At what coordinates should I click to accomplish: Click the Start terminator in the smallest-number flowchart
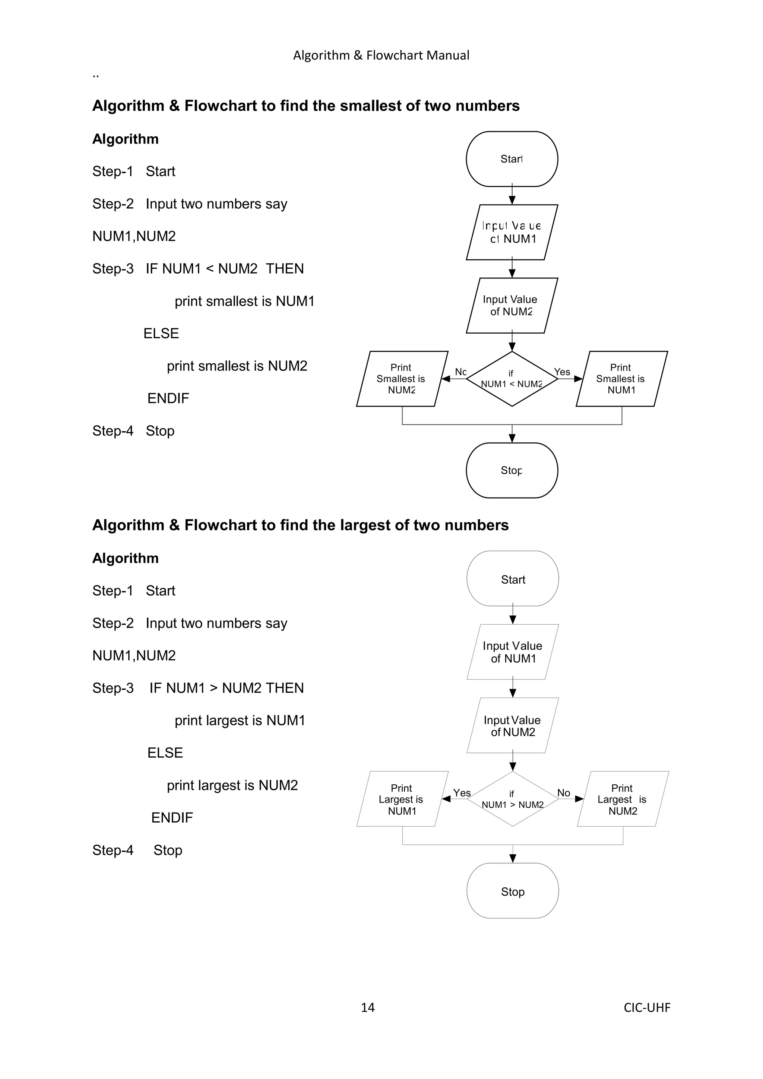coord(512,159)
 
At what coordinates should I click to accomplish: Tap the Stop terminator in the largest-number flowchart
coord(513,892)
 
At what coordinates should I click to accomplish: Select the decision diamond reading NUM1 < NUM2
coord(512,379)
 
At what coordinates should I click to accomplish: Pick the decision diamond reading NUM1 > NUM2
coord(513,799)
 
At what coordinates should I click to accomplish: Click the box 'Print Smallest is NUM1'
coord(621,379)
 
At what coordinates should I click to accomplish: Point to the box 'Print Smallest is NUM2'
coord(402,379)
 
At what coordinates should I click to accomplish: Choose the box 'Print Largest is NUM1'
coord(402,799)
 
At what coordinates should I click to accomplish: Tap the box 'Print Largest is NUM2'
coord(623,799)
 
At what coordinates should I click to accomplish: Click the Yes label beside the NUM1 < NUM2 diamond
coord(562,372)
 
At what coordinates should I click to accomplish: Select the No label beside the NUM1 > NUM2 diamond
coord(563,793)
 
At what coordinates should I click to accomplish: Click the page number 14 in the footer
coord(367,1007)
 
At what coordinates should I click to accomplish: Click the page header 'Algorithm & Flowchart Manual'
coord(381,56)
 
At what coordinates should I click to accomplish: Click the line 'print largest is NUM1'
coord(240,720)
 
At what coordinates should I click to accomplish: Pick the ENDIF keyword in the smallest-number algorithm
coord(168,398)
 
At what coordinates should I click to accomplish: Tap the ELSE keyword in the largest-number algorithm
coord(165,753)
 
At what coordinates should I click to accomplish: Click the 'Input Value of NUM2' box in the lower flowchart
coord(513,726)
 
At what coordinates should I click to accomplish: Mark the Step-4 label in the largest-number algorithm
coord(113,850)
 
